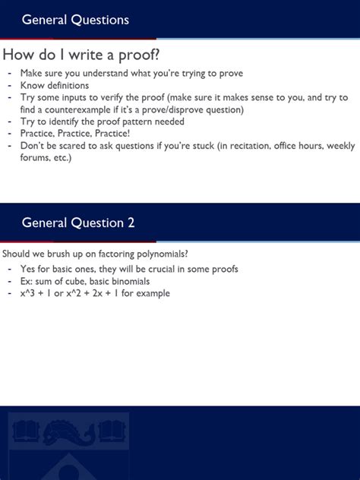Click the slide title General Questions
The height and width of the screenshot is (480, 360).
click(x=75, y=20)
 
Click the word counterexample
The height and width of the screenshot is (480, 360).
click(x=77, y=109)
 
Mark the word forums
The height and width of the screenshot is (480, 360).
click(x=35, y=157)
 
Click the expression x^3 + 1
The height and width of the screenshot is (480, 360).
click(x=39, y=293)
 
